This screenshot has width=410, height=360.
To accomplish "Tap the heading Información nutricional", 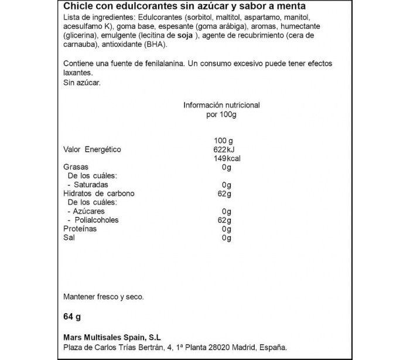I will (x=221, y=106).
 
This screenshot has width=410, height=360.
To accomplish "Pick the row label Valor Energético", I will (x=92, y=150).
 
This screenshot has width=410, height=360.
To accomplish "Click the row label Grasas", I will (x=76, y=167).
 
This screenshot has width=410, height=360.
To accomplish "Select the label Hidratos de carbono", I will (x=99, y=193).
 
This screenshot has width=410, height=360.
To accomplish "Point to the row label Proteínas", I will (x=80, y=229).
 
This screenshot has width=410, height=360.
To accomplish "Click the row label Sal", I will (x=69, y=237).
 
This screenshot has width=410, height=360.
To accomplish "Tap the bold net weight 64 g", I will (x=71, y=317).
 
